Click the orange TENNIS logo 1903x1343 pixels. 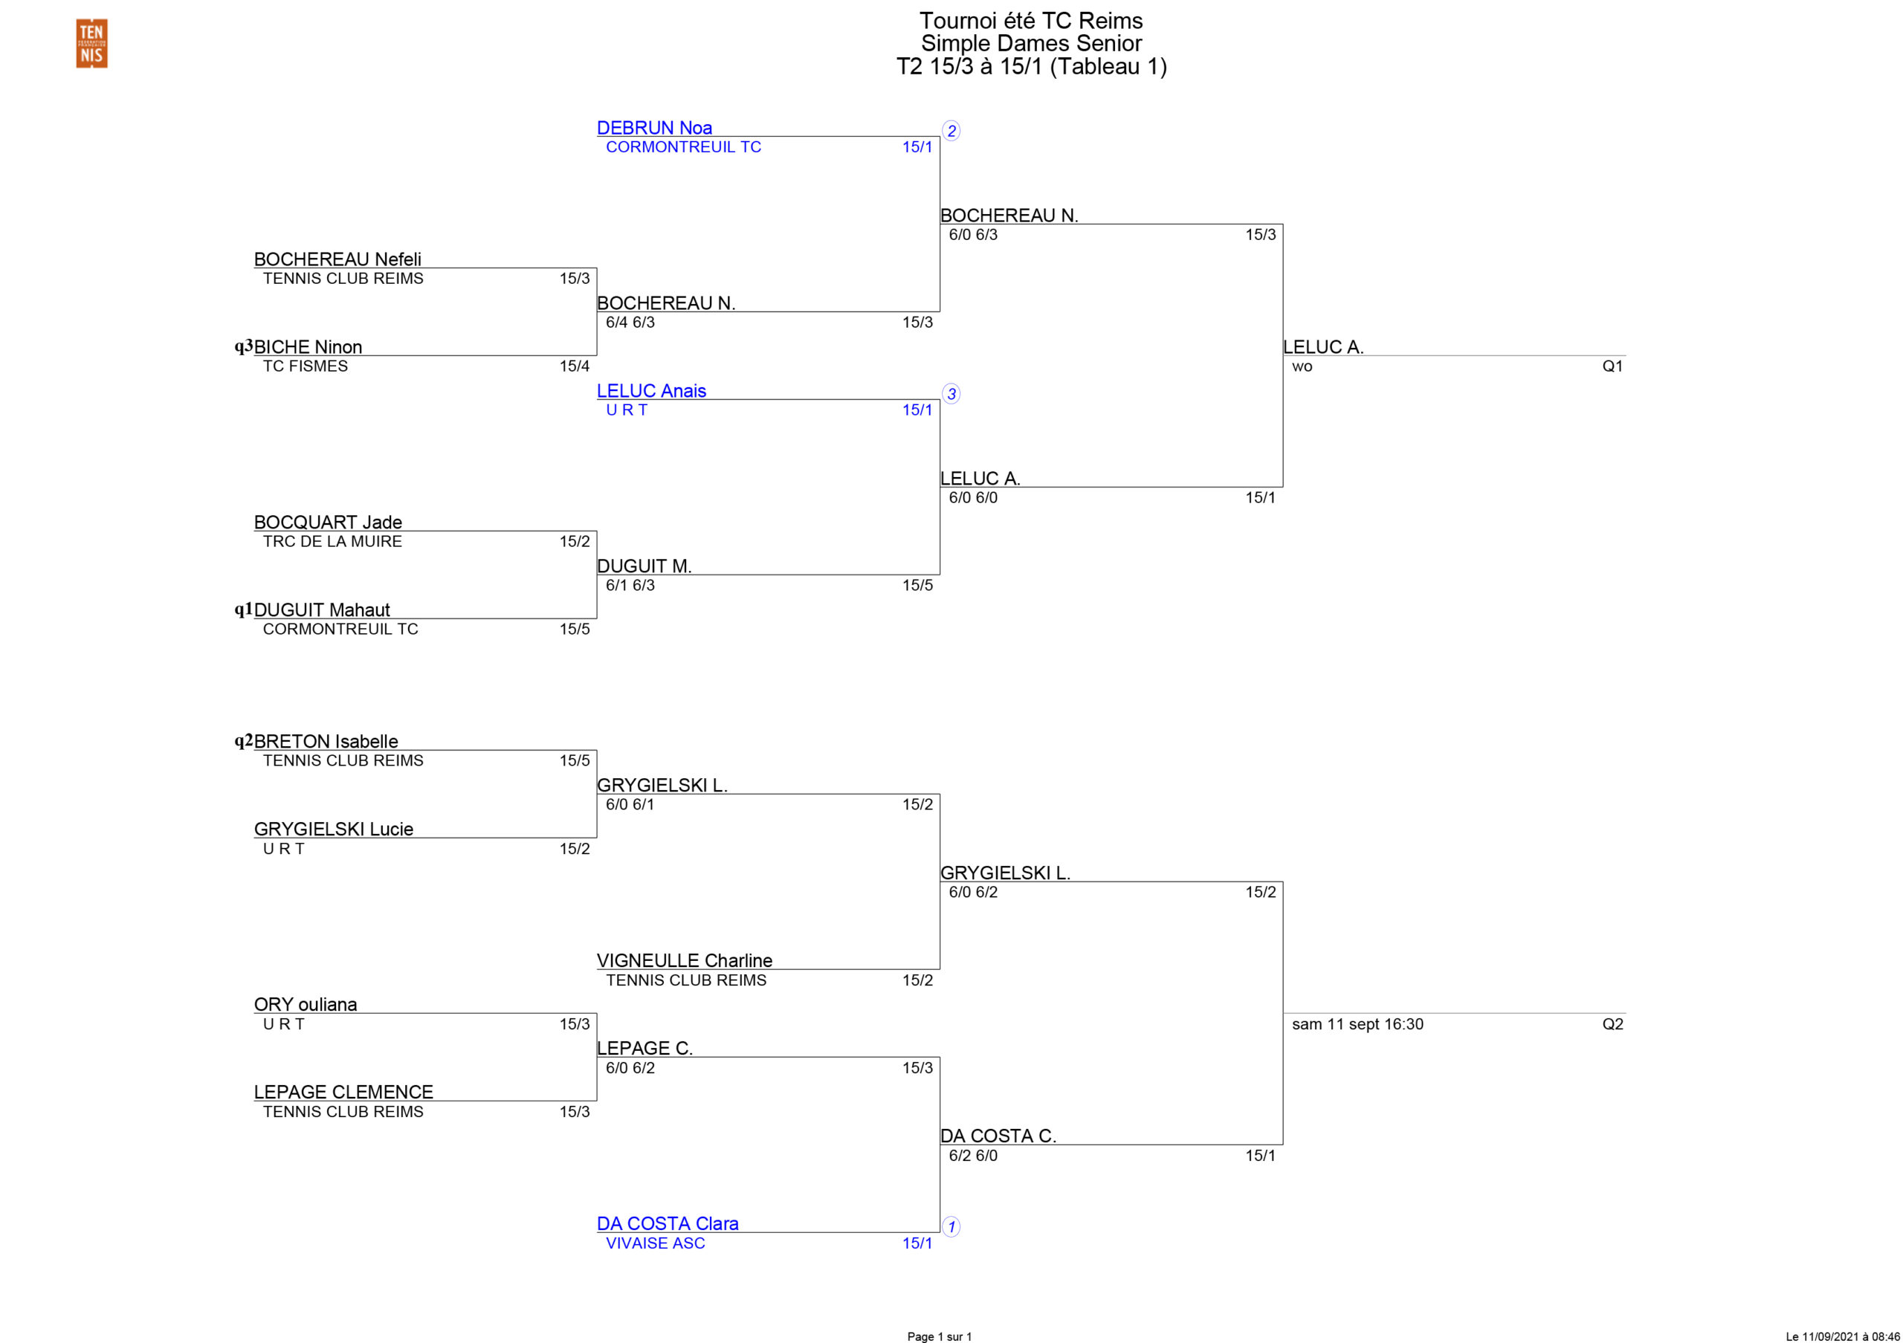(x=91, y=43)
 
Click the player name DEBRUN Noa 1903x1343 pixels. (x=654, y=128)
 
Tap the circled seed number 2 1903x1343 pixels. (x=951, y=131)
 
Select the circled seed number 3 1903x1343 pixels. (x=951, y=395)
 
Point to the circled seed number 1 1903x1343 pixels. (x=951, y=1227)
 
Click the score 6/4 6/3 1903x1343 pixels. (x=630, y=323)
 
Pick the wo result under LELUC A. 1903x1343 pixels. (x=1302, y=367)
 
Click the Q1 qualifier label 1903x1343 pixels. (x=1612, y=366)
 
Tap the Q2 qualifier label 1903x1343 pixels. (x=1612, y=1024)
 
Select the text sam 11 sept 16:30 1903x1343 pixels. (x=1357, y=1024)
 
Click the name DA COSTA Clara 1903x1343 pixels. (x=668, y=1223)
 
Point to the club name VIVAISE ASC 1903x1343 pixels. (x=655, y=1243)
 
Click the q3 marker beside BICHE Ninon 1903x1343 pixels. (x=243, y=346)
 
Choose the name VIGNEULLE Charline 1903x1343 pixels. (x=684, y=960)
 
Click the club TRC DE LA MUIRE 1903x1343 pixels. (x=332, y=541)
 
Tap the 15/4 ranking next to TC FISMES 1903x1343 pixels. (x=575, y=366)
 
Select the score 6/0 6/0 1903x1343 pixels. (x=973, y=498)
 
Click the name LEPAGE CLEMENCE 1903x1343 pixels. (x=343, y=1092)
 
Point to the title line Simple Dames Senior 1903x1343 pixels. (x=1031, y=43)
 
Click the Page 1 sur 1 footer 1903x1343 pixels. (x=939, y=1336)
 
